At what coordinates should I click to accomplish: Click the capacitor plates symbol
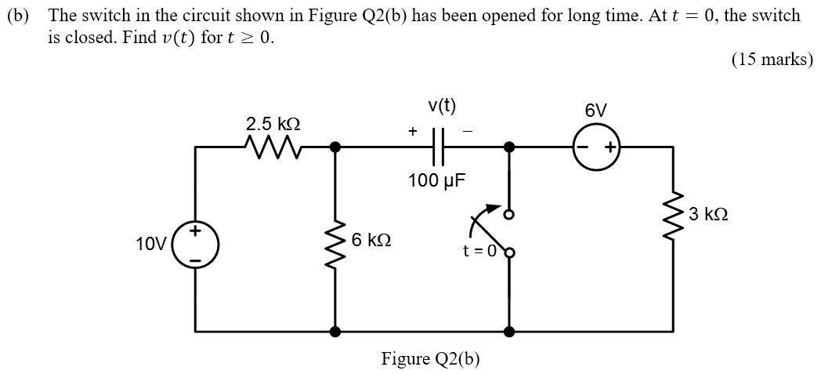pyautogui.click(x=437, y=147)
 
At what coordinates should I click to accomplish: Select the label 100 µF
pyautogui.click(x=436, y=181)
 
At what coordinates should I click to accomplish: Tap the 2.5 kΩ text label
pyautogui.click(x=273, y=124)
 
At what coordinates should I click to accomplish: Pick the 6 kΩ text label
pyautogui.click(x=372, y=239)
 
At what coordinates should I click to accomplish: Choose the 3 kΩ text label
pyautogui.click(x=708, y=214)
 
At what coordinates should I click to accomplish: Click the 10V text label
pyautogui.click(x=150, y=244)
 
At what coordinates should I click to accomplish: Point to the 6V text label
pyautogui.click(x=596, y=111)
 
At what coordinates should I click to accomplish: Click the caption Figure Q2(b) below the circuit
pyautogui.click(x=430, y=359)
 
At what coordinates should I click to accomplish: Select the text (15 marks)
pyautogui.click(x=772, y=60)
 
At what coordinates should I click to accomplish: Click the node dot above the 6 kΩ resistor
pyautogui.click(x=336, y=147)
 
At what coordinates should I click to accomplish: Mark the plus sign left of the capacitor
pyautogui.click(x=412, y=133)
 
